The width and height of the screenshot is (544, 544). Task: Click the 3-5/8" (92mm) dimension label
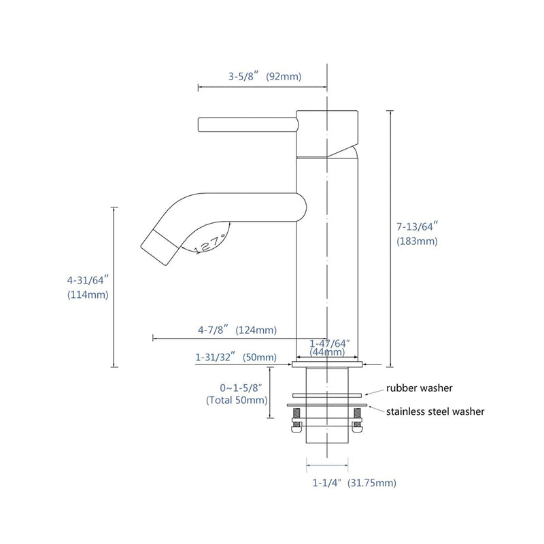pos(265,76)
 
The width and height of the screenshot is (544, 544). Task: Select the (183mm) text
pos(417,241)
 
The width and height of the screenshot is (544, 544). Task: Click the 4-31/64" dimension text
pos(88,279)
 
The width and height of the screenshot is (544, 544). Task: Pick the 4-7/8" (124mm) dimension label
pos(237,330)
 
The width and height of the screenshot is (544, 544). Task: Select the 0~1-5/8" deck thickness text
pos(237,388)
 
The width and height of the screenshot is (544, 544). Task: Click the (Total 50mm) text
pos(237,401)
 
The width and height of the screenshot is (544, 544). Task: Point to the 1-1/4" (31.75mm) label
pos(354,483)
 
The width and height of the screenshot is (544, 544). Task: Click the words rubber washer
pos(420,388)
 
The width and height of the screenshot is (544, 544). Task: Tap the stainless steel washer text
pos(435,411)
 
